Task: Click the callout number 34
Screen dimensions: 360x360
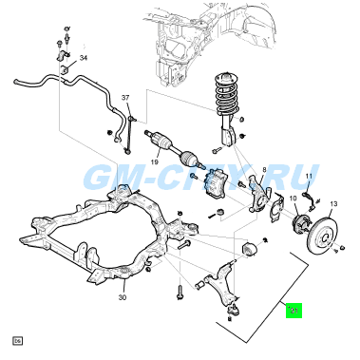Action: tap(83, 59)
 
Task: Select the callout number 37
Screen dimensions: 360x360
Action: tap(124, 98)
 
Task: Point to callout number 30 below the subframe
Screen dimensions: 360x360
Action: tap(123, 297)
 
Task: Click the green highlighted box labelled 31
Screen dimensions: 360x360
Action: tap(294, 310)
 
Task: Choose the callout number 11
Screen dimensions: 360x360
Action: tap(308, 178)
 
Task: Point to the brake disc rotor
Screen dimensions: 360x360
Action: tap(327, 233)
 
